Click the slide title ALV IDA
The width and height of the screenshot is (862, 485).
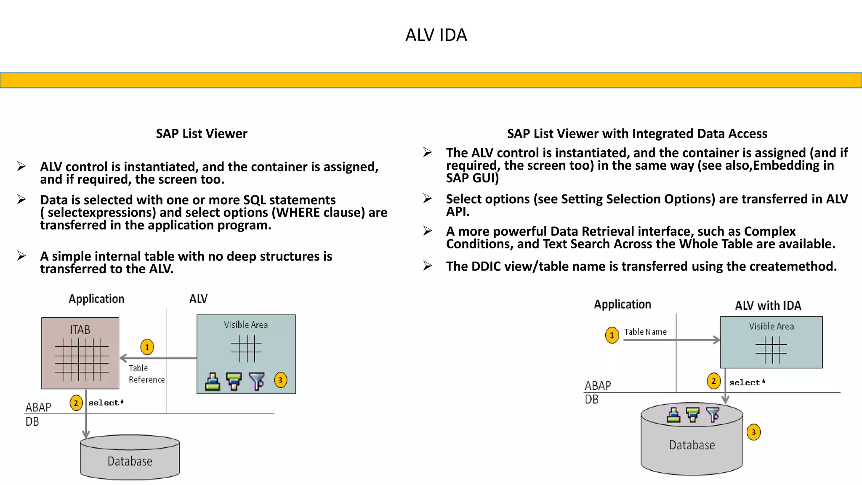click(436, 35)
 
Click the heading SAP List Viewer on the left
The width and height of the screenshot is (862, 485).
click(201, 133)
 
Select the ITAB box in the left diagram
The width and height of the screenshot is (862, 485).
click(80, 353)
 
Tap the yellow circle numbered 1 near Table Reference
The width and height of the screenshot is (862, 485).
click(147, 347)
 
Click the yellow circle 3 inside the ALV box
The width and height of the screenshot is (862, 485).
click(280, 380)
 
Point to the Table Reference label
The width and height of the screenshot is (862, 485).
click(146, 374)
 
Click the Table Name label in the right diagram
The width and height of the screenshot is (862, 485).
click(645, 332)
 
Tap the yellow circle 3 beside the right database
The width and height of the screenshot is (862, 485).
click(753, 432)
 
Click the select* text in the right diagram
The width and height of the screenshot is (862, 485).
click(747, 383)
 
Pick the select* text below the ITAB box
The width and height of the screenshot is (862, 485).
click(106, 403)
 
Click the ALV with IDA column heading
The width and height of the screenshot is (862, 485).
click(768, 306)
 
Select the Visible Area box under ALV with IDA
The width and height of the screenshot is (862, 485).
click(771, 342)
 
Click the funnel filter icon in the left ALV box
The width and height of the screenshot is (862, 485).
click(256, 381)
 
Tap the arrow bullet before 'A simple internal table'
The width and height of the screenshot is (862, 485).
click(21, 256)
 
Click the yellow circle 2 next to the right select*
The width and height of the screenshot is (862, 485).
click(713, 381)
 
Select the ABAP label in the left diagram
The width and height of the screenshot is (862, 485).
click(38, 407)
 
